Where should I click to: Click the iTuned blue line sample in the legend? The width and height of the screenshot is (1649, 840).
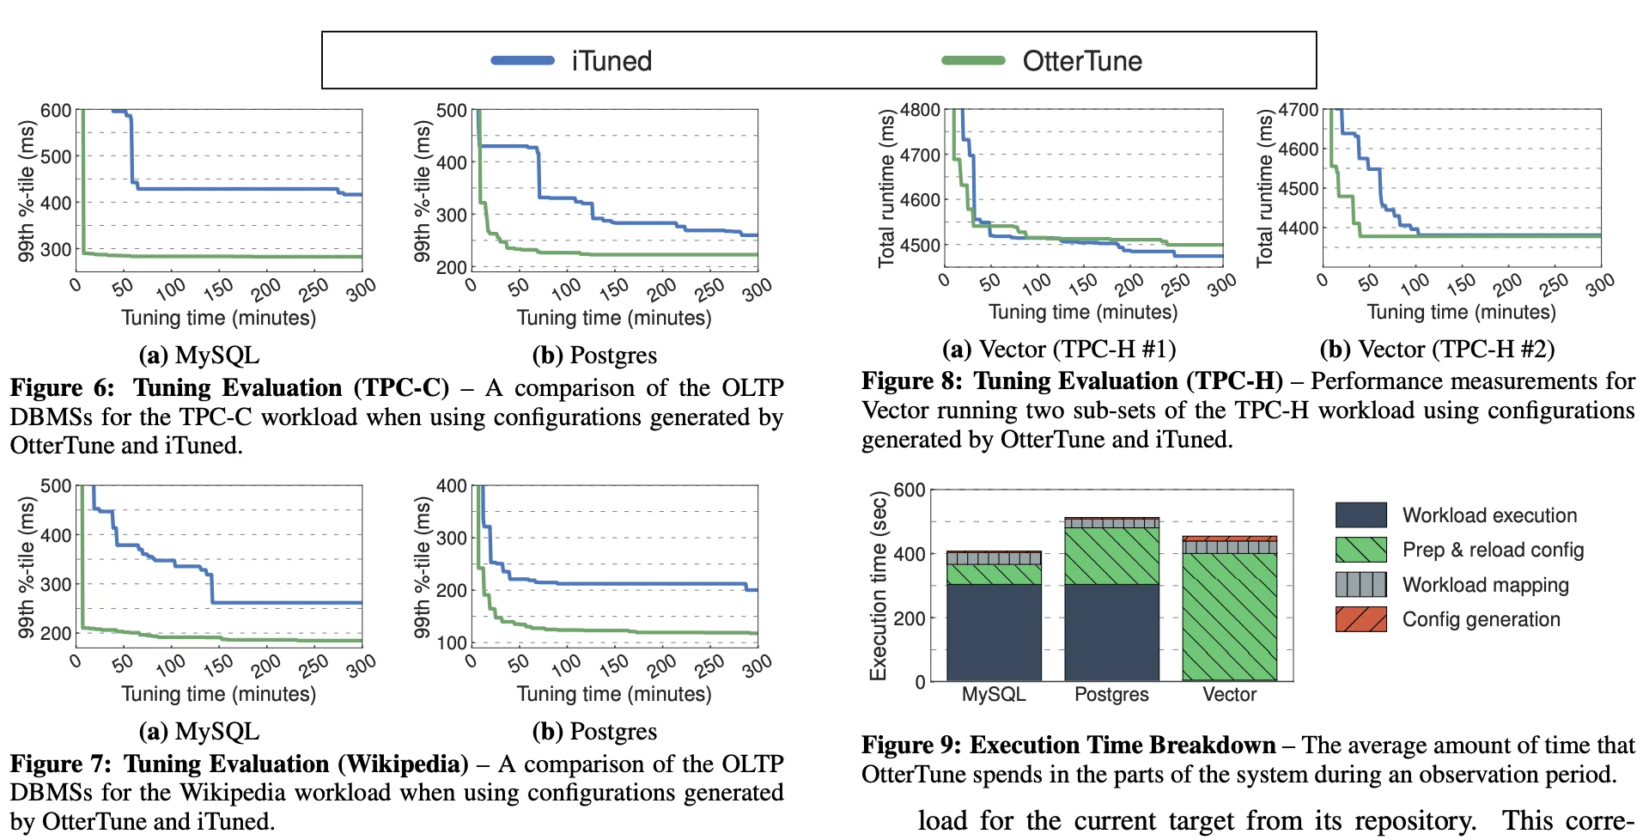pyautogui.click(x=522, y=60)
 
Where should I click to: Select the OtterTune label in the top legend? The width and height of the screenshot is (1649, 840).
pyautogui.click(x=1081, y=61)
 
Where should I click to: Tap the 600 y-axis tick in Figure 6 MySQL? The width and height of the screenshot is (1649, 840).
pyautogui.click(x=56, y=111)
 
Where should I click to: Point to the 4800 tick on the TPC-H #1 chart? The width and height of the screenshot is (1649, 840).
pyautogui.click(x=920, y=110)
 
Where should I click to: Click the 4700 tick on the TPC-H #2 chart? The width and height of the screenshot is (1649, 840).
pyautogui.click(x=1298, y=110)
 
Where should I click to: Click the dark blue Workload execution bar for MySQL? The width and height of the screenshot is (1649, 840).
pyautogui.click(x=994, y=632)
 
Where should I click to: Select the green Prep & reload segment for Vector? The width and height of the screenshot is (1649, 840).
pyautogui.click(x=1229, y=617)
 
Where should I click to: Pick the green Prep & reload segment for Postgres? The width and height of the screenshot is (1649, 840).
pyautogui.click(x=1111, y=556)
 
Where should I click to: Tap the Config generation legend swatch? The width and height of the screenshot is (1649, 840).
pyautogui.click(x=1360, y=619)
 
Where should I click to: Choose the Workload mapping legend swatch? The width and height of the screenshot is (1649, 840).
pyautogui.click(x=1360, y=585)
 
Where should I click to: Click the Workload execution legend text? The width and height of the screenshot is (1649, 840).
pyautogui.click(x=1489, y=515)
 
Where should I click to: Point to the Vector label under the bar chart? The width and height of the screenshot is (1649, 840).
pyautogui.click(x=1229, y=694)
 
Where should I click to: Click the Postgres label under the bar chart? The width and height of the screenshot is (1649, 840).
pyautogui.click(x=1111, y=694)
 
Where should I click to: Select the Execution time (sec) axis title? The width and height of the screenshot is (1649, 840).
pyautogui.click(x=878, y=587)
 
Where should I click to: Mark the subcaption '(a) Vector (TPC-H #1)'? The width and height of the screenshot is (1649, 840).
pyautogui.click(x=1058, y=349)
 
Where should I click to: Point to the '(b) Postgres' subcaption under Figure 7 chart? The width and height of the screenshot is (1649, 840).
pyautogui.click(x=594, y=731)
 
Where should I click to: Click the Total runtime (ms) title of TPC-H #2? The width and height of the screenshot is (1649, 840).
pyautogui.click(x=1264, y=189)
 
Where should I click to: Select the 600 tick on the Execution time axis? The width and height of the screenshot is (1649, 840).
pyautogui.click(x=910, y=490)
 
